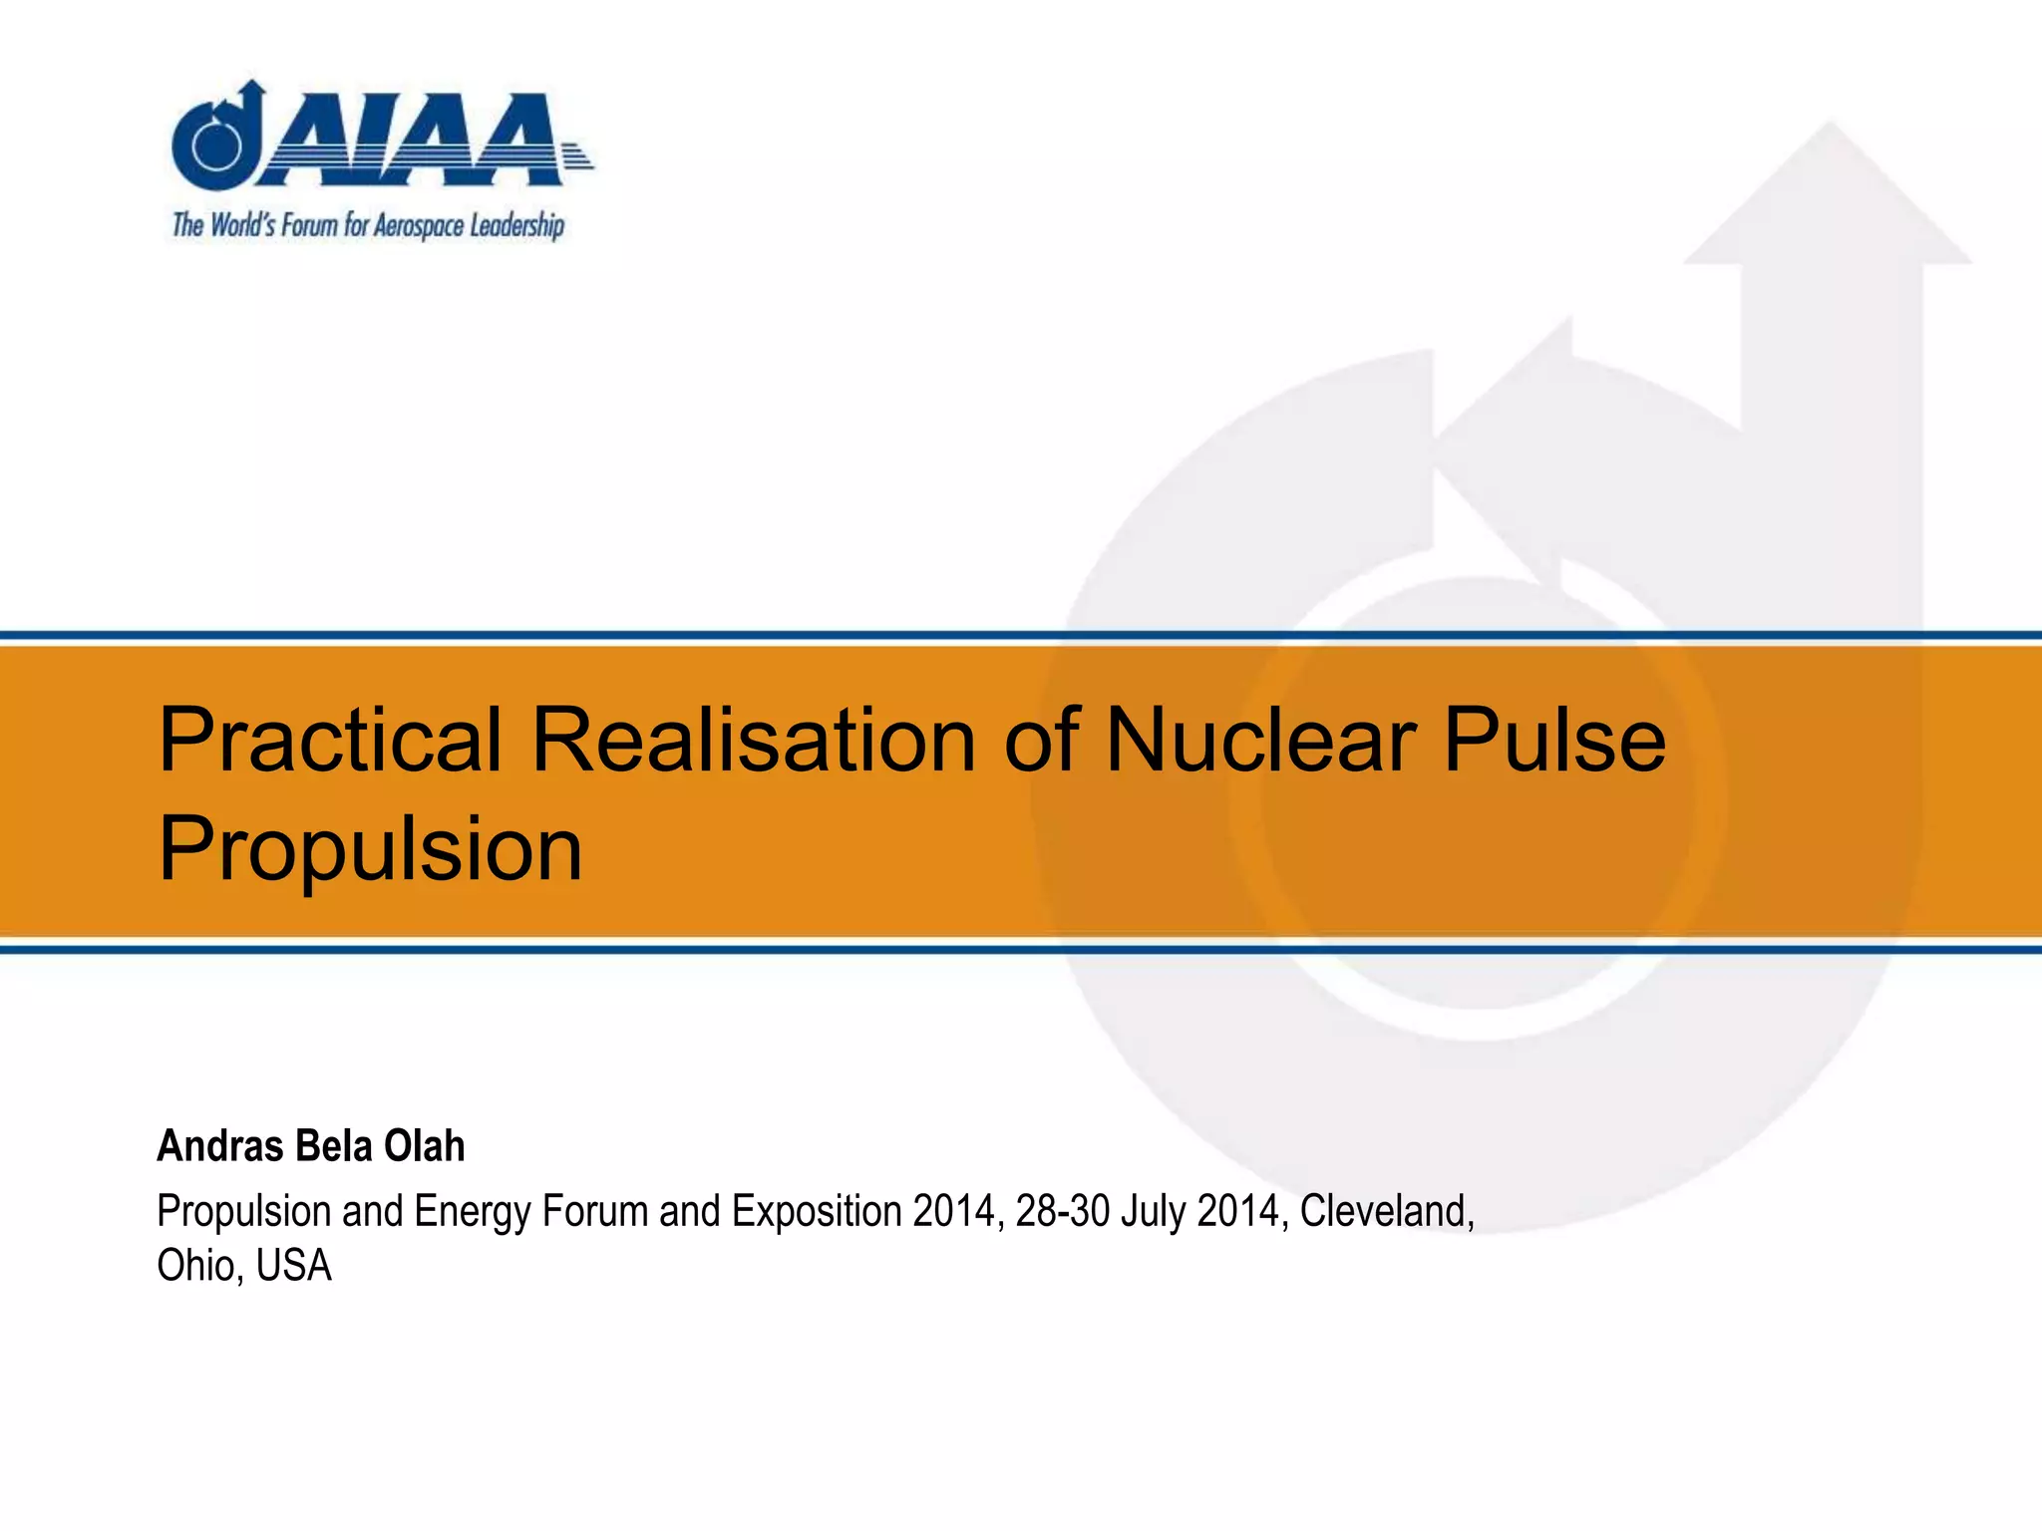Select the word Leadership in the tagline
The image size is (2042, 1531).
click(517, 226)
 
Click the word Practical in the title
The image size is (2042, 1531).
click(330, 741)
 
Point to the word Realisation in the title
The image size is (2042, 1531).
click(753, 741)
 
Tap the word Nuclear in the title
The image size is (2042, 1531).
click(1260, 741)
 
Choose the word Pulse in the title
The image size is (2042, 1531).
click(1554, 741)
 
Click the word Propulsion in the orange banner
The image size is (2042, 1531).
click(370, 849)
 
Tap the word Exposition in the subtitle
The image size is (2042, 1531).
click(817, 1212)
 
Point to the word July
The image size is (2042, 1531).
click(1154, 1212)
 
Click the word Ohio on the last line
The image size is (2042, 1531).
click(198, 1266)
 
